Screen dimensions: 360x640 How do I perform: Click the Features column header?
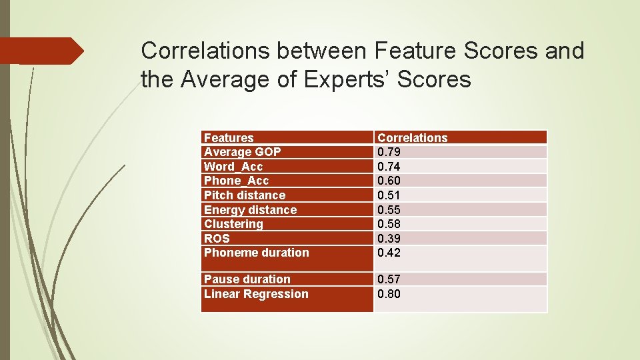pos(229,138)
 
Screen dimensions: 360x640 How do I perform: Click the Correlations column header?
pos(412,138)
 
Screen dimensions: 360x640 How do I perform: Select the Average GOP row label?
pos(242,152)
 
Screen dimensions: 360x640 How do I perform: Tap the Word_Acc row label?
pos(233,167)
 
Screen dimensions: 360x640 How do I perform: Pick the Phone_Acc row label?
pos(236,181)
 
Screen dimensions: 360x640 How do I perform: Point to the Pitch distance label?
pos(244,195)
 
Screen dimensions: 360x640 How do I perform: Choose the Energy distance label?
pos(250,210)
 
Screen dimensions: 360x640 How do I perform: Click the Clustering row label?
pos(233,224)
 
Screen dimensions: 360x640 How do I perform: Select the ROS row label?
pos(217,239)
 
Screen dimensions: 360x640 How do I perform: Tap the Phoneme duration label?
pos(256,253)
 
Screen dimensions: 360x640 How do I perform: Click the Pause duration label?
pos(247,279)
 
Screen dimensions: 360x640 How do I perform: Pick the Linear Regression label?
pos(256,294)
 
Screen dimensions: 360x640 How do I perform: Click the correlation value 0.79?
pos(389,152)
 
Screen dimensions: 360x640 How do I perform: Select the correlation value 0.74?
pos(389,167)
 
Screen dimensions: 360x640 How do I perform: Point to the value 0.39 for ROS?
pos(389,239)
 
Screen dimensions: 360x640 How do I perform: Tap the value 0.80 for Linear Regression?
pos(389,294)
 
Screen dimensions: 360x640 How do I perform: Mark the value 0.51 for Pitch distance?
pos(389,195)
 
